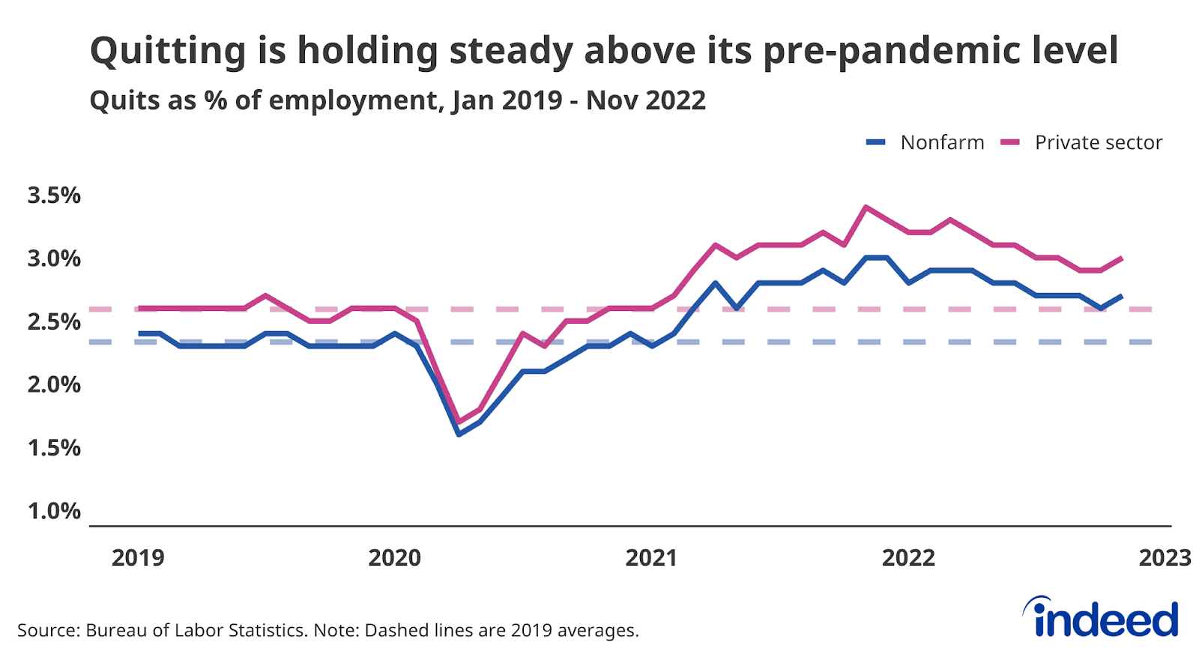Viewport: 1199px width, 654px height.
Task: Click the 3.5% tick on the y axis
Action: coord(54,196)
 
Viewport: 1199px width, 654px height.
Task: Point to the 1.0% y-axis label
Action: coord(54,511)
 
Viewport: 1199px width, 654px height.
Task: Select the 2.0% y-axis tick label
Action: coord(54,384)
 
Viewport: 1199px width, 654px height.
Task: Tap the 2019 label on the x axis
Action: coord(138,558)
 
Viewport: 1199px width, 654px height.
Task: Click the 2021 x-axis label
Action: coord(651,558)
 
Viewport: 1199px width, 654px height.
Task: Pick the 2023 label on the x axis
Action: coord(1165,558)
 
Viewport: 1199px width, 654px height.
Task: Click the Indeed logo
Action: coord(1102,618)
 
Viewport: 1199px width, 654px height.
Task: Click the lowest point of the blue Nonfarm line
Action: coord(459,434)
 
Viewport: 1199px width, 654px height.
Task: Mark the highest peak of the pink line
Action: coord(866,207)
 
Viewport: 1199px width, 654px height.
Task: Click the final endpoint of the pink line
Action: coord(1122,258)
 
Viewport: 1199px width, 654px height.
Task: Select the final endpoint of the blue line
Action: coord(1122,296)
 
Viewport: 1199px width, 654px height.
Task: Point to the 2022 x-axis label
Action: coord(908,558)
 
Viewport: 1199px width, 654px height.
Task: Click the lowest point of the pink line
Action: coord(459,422)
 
